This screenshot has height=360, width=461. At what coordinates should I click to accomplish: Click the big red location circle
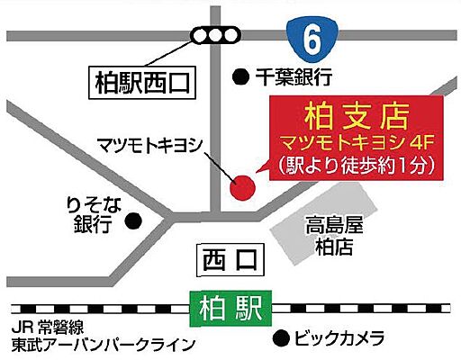coord(242,188)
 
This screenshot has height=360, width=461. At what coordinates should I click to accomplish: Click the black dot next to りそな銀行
coord(133,219)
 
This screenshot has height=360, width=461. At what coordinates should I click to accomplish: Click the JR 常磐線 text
coord(52,328)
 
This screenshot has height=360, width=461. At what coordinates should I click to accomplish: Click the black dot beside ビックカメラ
coord(282,338)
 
